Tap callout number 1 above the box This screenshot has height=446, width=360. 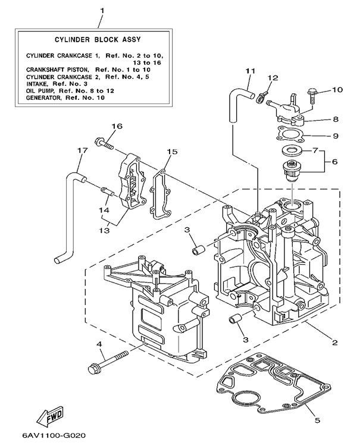pyautogui.click(x=102, y=10)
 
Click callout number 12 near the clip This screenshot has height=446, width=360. pyautogui.click(x=273, y=78)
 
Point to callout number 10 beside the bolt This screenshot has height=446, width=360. pyautogui.click(x=337, y=90)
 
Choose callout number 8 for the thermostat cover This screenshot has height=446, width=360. pyautogui.click(x=336, y=119)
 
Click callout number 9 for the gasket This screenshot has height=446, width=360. pyautogui.click(x=336, y=136)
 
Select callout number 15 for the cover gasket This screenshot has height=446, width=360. pyautogui.click(x=171, y=152)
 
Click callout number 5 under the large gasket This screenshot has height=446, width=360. pyautogui.click(x=317, y=420)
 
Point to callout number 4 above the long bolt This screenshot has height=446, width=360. pyautogui.click(x=99, y=344)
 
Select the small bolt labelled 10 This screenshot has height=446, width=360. pyautogui.click(x=314, y=92)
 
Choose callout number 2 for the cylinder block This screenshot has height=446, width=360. pyautogui.click(x=335, y=343)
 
